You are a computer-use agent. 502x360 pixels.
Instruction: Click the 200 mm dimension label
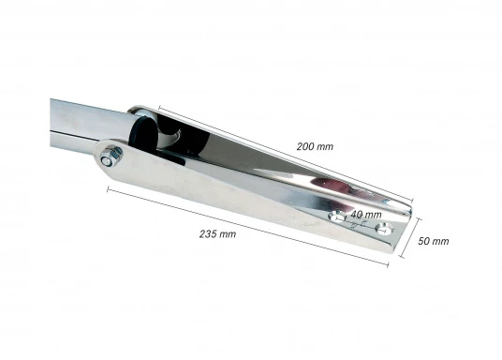(x=315, y=146)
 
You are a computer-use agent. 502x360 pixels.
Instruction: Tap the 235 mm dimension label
(x=217, y=234)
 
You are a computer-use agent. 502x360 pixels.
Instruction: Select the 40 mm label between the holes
(x=366, y=214)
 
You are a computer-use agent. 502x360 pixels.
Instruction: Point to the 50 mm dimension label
(x=434, y=241)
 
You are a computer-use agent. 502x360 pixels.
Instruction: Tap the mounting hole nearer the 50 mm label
(x=383, y=229)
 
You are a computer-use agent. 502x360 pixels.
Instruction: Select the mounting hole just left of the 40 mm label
(x=337, y=217)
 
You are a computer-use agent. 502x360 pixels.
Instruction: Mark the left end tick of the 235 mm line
(x=108, y=189)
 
